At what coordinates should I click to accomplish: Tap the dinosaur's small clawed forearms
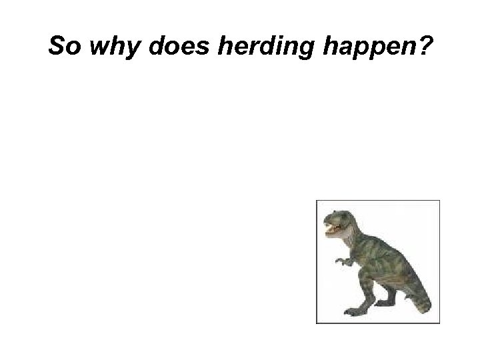pyautogui.click(x=343, y=261)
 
